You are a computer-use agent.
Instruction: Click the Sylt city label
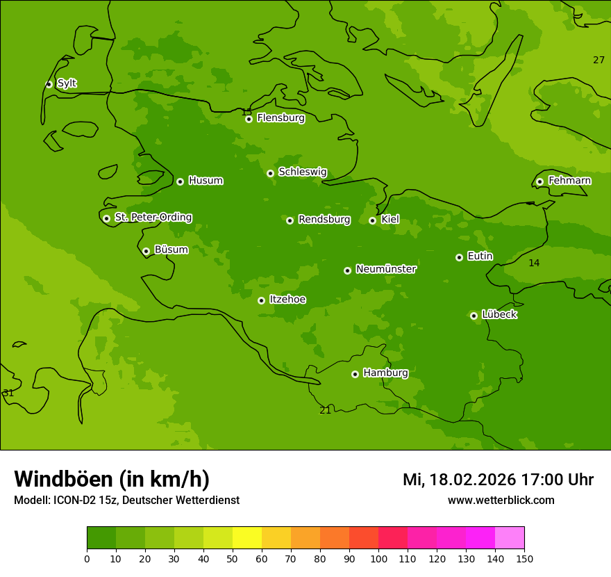(x=67, y=83)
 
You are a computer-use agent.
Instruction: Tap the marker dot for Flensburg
(x=249, y=119)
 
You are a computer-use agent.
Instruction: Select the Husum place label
(x=206, y=181)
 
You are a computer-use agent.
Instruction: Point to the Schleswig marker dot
(x=270, y=173)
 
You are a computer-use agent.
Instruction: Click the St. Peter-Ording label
(x=153, y=218)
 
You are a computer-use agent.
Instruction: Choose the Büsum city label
(x=171, y=250)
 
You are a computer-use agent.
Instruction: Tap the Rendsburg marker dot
(x=290, y=220)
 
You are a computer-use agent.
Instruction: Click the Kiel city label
(x=390, y=220)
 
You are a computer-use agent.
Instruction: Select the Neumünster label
(x=386, y=269)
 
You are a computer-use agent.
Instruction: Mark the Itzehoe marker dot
(x=261, y=300)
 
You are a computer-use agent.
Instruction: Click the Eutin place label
(x=480, y=257)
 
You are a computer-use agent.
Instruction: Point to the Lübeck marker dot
(x=474, y=316)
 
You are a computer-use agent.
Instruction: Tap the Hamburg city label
(x=385, y=373)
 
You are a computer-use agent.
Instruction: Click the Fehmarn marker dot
(x=539, y=181)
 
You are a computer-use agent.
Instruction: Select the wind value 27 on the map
(x=599, y=60)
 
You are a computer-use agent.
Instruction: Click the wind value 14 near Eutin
(x=533, y=263)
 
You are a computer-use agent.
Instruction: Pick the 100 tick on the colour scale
(x=378, y=559)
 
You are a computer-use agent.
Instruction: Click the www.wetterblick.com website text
(x=501, y=501)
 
